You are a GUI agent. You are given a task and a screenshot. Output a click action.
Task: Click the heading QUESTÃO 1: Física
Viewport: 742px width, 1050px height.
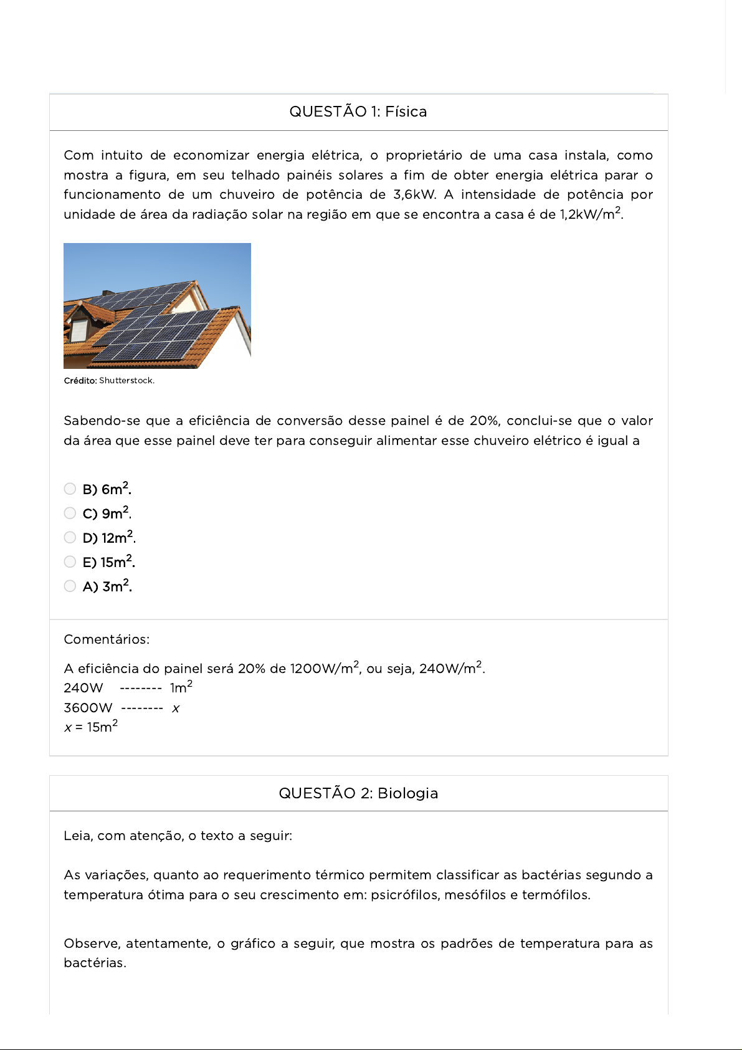(x=358, y=112)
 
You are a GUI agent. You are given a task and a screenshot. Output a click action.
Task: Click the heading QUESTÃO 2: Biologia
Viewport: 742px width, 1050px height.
(x=358, y=793)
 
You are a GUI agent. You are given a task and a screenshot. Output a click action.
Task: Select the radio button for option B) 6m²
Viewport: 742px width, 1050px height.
(x=70, y=489)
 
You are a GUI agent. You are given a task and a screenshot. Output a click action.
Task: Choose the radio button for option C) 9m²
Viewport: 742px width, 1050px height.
(x=70, y=513)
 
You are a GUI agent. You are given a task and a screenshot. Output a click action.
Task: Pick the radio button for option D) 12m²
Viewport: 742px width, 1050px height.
(x=70, y=538)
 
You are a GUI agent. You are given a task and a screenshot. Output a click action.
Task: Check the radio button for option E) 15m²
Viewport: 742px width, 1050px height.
(x=70, y=562)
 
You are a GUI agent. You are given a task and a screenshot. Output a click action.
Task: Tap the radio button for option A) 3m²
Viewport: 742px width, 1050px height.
(x=70, y=586)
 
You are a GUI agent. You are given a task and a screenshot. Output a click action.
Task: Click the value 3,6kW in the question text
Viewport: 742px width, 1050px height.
(x=414, y=194)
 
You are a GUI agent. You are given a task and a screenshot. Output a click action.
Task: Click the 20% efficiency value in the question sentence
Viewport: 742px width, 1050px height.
(x=485, y=421)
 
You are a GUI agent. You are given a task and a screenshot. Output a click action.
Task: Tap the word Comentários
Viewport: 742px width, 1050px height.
(x=107, y=639)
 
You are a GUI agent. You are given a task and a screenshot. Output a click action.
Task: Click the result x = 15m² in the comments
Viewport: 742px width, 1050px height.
(x=91, y=727)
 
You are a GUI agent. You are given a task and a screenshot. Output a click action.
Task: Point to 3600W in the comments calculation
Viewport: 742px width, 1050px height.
(x=88, y=708)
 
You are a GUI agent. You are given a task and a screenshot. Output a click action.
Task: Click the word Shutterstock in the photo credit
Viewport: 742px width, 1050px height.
(x=126, y=381)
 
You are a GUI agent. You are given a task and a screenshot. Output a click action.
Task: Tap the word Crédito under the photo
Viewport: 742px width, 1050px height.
(x=80, y=381)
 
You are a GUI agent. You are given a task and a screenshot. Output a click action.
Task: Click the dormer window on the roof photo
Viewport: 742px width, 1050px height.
(x=78, y=328)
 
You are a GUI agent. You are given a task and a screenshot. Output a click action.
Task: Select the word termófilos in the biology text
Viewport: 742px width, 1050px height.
(x=555, y=895)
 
